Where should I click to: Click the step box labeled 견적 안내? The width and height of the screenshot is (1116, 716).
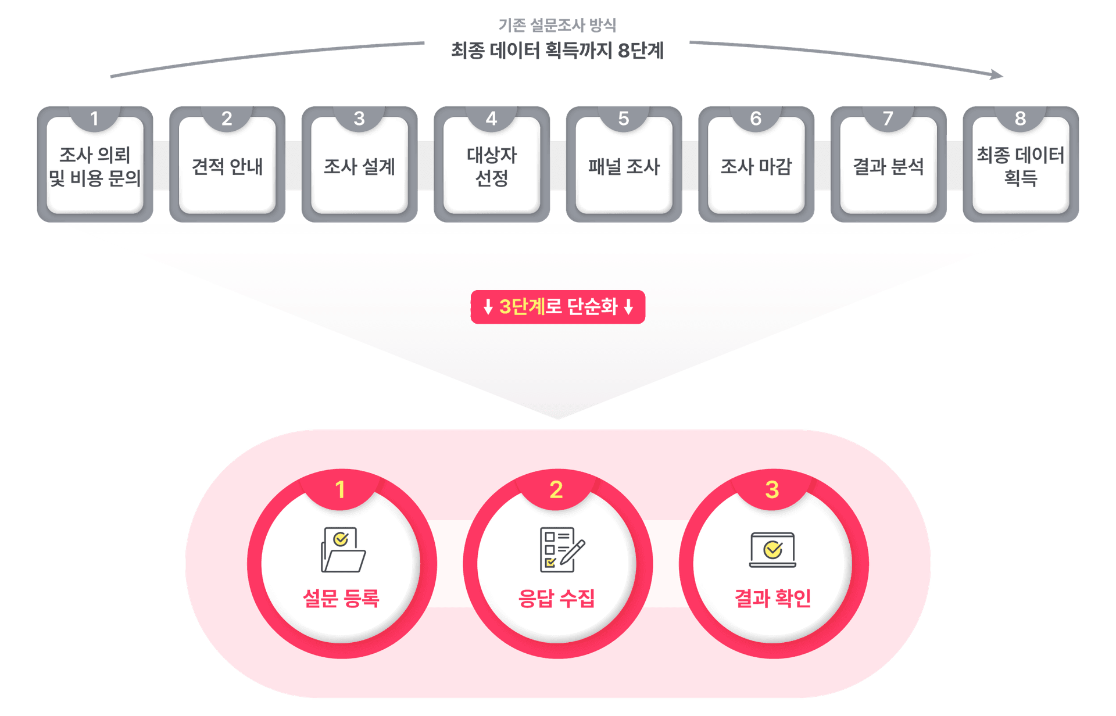click(227, 166)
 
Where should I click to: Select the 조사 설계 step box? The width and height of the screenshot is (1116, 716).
click(359, 166)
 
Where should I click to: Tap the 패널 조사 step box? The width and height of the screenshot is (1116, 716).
click(624, 166)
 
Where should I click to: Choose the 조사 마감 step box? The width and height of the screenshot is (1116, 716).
click(756, 166)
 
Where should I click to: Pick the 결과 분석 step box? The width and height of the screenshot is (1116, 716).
click(888, 166)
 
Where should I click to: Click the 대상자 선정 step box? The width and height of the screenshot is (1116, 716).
click(492, 166)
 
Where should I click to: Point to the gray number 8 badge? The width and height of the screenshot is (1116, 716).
click(1020, 119)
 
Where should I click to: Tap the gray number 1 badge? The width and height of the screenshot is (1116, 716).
click(95, 119)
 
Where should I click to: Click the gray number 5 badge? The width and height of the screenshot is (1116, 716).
click(624, 119)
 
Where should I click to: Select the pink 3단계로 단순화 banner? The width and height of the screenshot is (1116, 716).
click(558, 307)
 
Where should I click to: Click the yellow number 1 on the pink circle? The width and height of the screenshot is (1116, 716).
click(341, 490)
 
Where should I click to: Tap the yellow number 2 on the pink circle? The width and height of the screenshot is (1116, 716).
click(556, 490)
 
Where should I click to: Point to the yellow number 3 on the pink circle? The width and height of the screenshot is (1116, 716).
click(772, 490)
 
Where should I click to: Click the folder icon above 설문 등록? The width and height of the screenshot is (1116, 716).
click(343, 550)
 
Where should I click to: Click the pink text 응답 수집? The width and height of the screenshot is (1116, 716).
click(556, 598)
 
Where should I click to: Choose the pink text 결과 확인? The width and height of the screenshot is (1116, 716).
click(772, 598)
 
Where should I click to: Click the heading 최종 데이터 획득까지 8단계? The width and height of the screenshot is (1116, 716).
click(557, 51)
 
